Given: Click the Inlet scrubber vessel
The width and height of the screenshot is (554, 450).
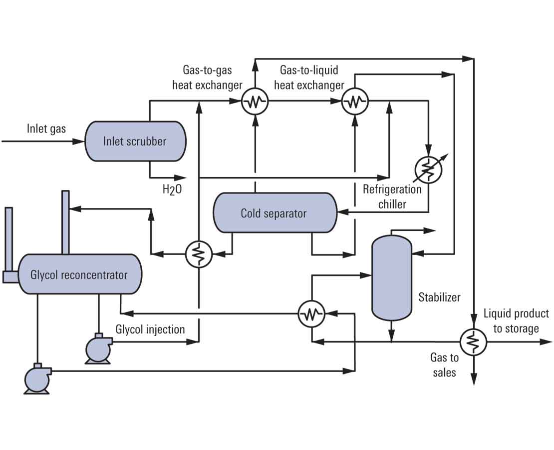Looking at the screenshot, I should point(135,141).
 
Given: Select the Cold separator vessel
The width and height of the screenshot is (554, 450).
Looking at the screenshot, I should point(274,213).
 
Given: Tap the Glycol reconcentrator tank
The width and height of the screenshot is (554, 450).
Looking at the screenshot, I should point(79,274).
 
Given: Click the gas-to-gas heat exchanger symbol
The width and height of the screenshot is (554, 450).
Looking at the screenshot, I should point(255,102).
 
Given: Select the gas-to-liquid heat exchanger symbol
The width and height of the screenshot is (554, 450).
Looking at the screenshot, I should point(354,102).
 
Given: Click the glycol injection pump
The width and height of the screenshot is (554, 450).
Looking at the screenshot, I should point(98,347).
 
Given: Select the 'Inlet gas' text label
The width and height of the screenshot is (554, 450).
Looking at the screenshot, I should point(46,129).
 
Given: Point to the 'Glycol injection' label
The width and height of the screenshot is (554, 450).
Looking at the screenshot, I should point(150,329).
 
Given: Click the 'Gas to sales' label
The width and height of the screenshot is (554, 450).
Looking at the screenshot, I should point(444,365).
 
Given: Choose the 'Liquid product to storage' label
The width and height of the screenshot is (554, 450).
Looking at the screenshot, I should point(516,321).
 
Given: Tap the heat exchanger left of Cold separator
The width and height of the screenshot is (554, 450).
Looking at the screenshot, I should point(199,254).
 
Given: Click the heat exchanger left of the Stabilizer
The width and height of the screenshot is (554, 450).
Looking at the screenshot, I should point(311,314).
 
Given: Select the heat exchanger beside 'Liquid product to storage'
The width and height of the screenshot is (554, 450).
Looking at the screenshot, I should point(473,342).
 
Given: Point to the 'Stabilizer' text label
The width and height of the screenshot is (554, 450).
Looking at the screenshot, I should point(439,297).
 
